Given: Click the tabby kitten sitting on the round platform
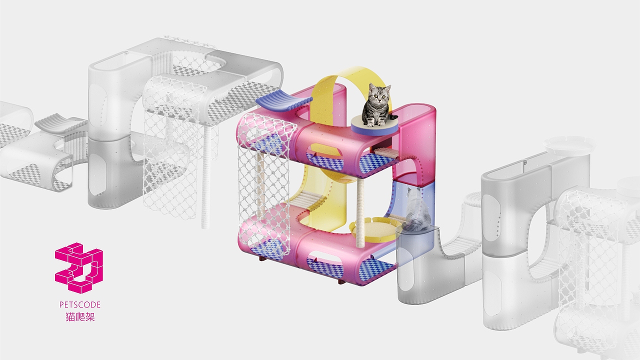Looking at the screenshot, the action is click(377, 105).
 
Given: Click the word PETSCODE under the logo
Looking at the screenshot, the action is click(80, 305).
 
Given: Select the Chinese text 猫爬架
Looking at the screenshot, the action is click(80, 317).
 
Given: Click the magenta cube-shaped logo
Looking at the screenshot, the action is click(79, 268).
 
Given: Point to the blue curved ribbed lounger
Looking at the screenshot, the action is click(284, 101).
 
